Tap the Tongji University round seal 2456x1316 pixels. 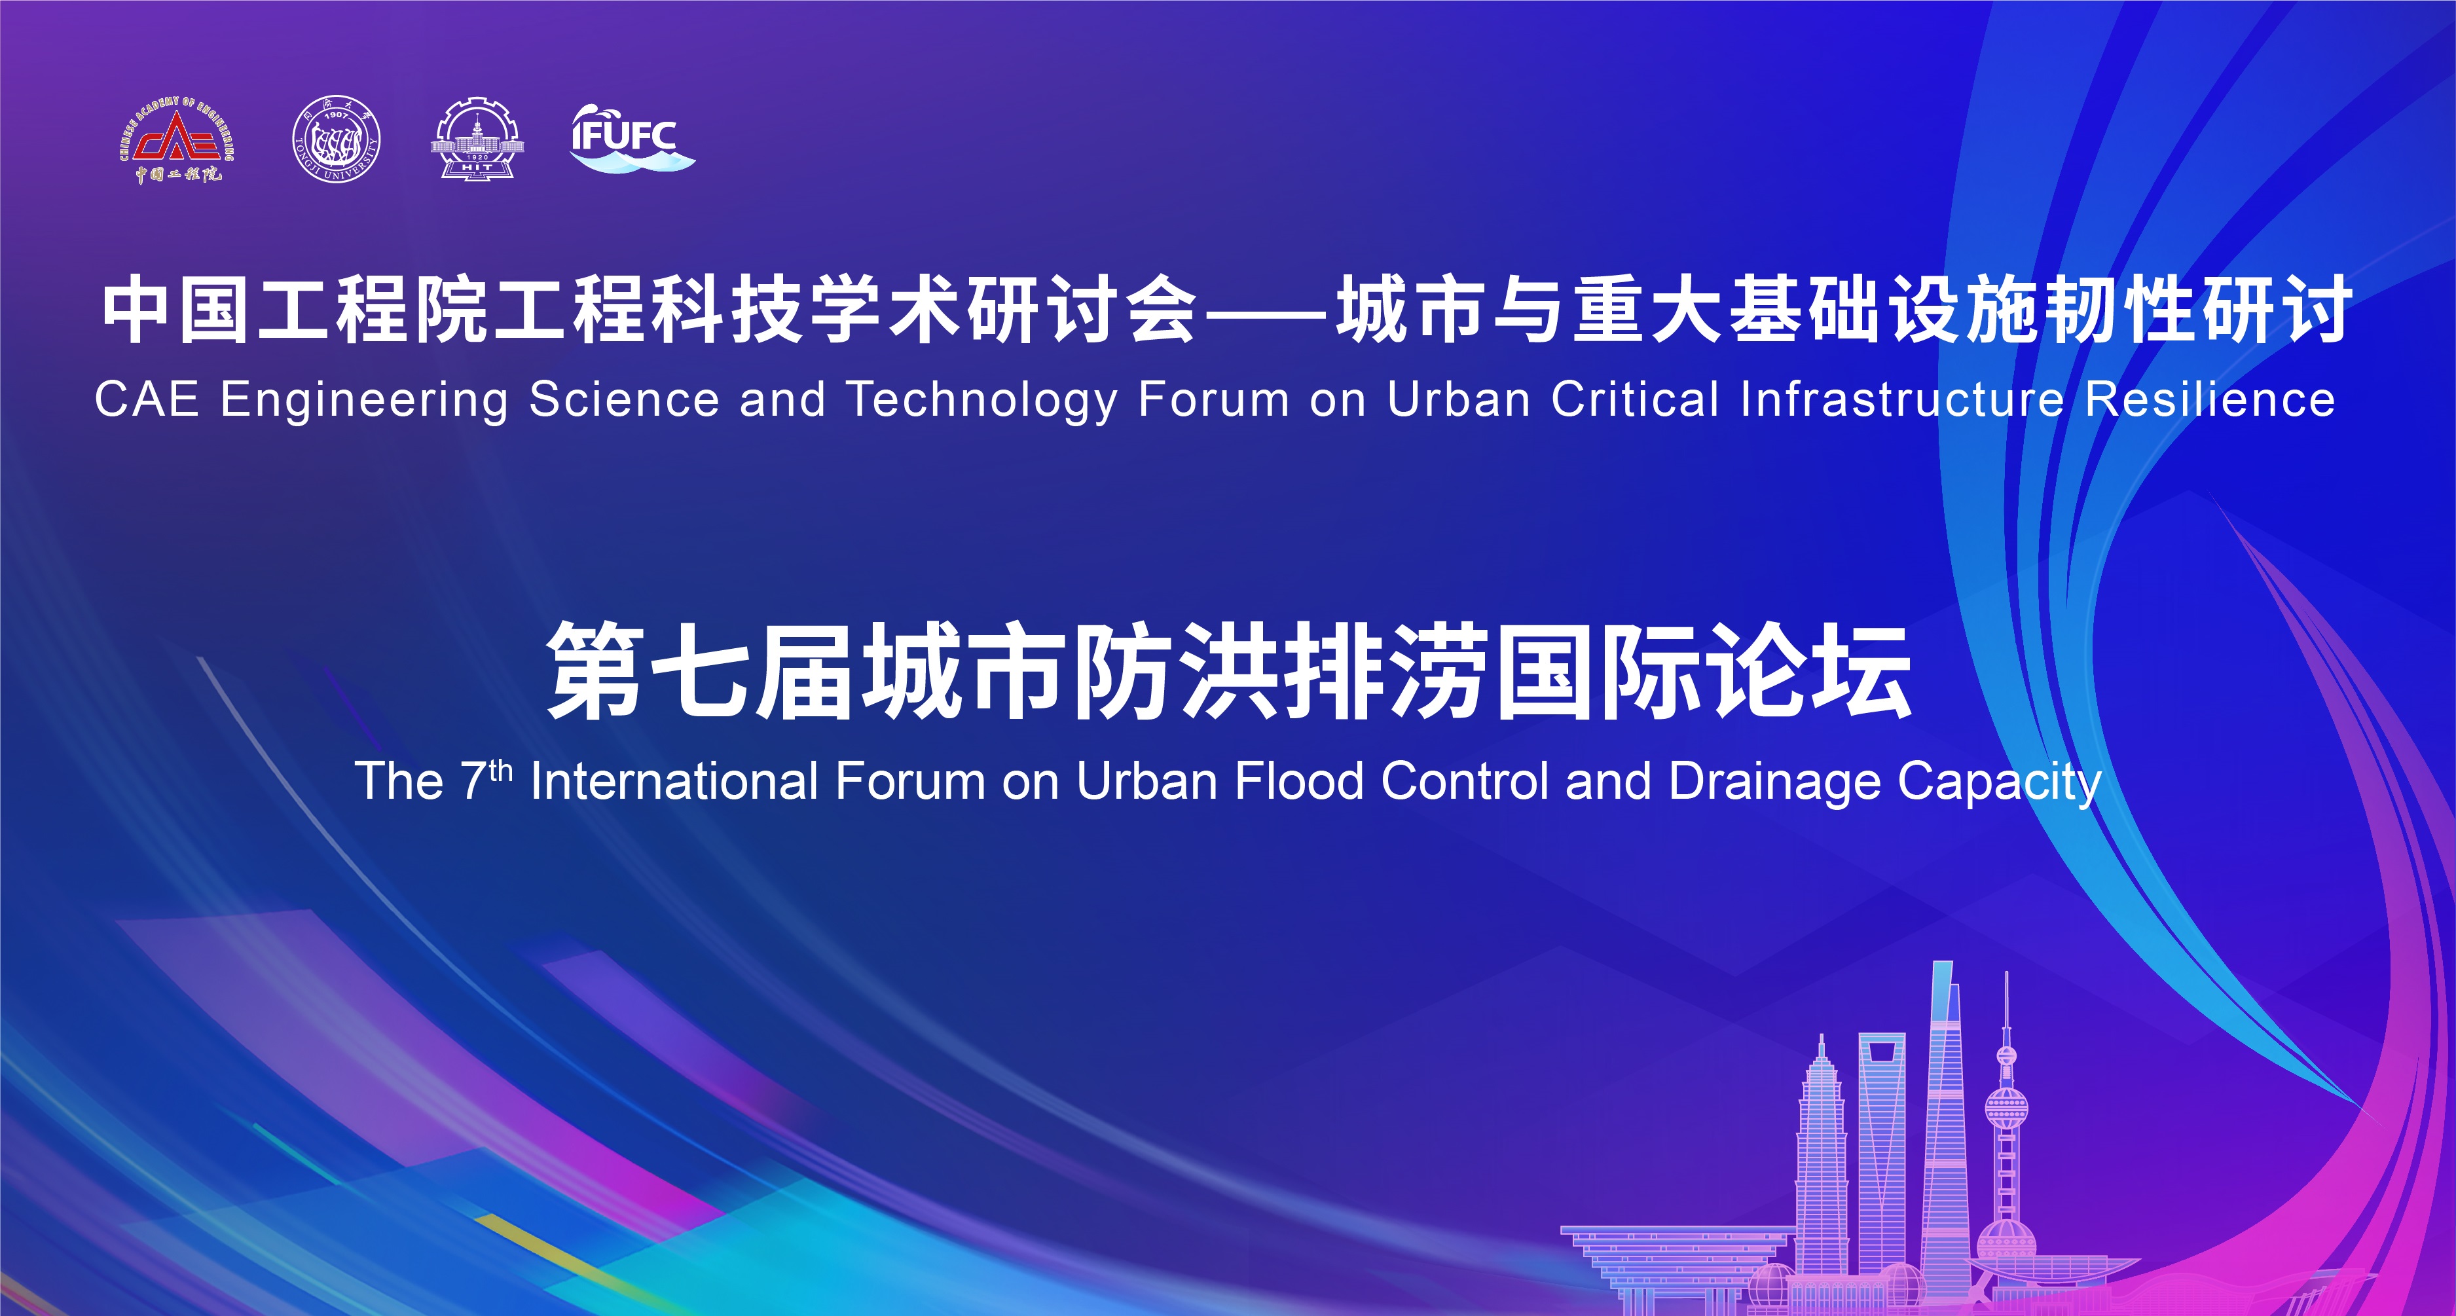click(337, 140)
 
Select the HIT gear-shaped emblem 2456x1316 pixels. click(477, 139)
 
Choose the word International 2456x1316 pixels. click(673, 781)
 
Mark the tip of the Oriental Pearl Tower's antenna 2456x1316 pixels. click(2007, 973)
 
